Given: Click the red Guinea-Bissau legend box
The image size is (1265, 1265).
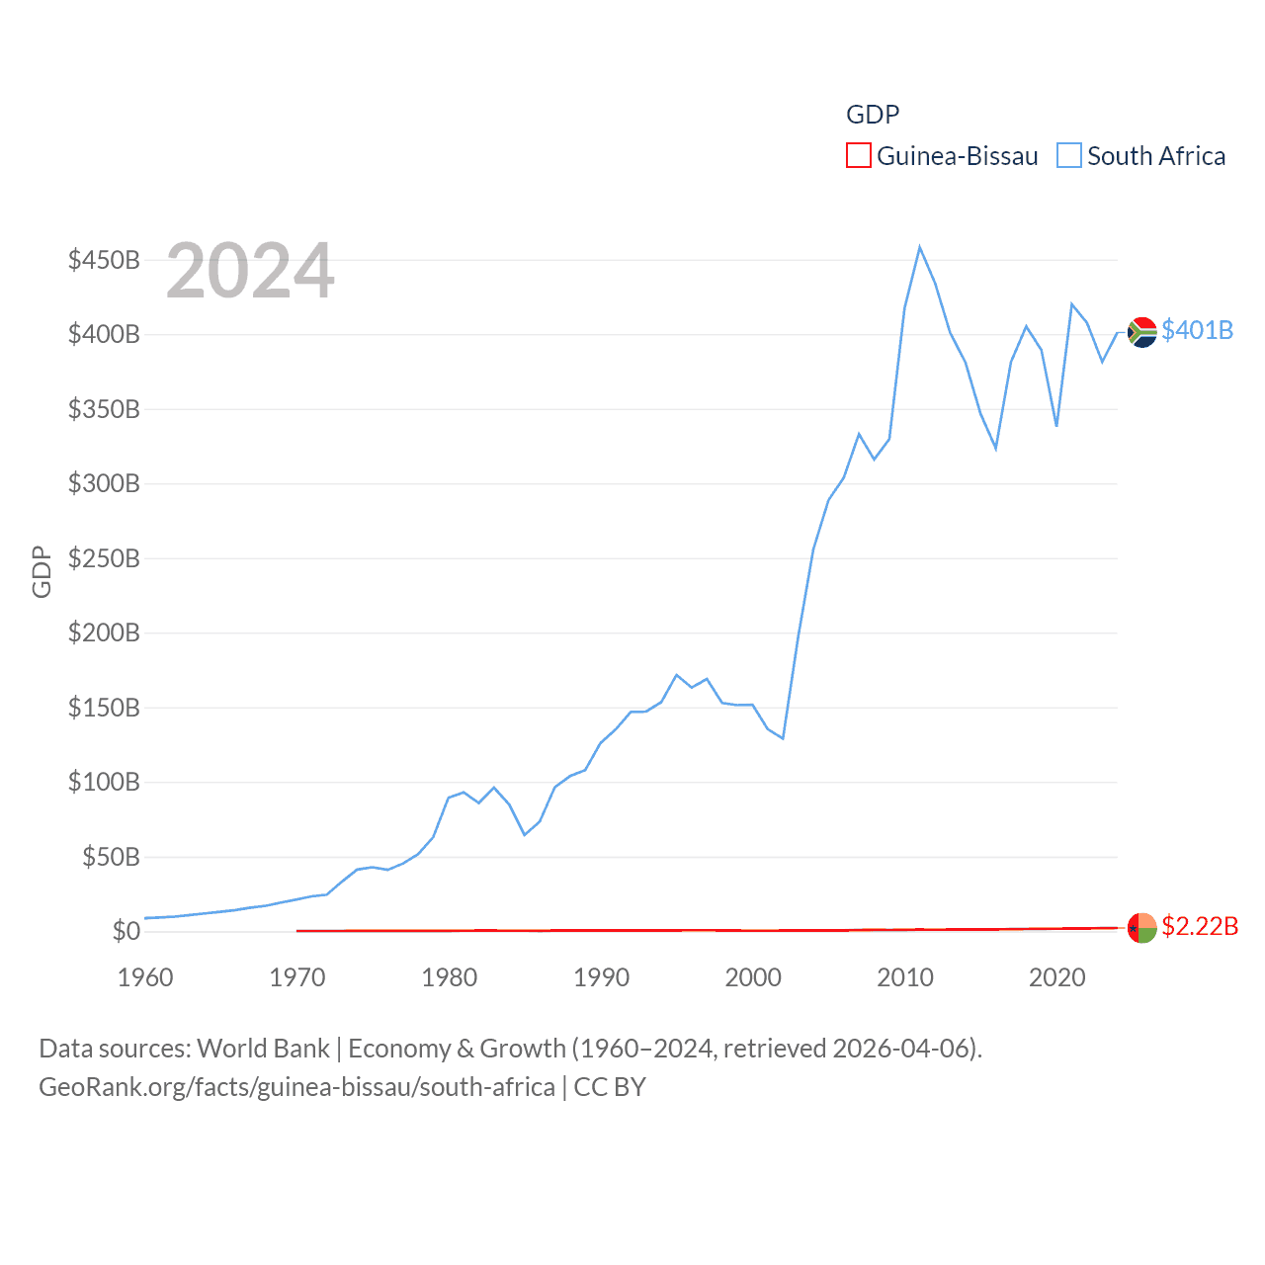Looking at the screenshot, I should coord(858,156).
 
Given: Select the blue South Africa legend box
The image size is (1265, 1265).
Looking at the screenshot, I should coord(1069,156).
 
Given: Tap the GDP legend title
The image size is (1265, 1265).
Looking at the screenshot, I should coord(873,115).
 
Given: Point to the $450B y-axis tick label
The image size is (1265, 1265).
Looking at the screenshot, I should coord(104,260).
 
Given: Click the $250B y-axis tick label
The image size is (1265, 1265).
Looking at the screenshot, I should coord(104,558).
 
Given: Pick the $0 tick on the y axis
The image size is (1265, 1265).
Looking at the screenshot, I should coord(126,931).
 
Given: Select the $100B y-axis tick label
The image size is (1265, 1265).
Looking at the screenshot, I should coord(104,782).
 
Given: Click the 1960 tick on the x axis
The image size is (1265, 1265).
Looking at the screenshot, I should coord(145,977).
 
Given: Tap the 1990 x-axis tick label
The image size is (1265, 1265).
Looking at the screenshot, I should coord(601,977).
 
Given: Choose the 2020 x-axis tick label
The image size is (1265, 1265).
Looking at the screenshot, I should coord(1056,977).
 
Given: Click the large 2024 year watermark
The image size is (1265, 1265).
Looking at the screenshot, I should coord(250,271).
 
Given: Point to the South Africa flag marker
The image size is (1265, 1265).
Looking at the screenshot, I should coord(1141,332).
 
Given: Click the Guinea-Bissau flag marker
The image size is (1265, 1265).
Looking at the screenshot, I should coord(1141,928).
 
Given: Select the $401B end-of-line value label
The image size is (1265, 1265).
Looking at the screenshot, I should coord(1197,330).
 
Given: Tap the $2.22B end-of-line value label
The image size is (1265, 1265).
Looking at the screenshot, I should coord(1199,926).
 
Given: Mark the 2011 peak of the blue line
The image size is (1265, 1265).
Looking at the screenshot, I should coord(919,247).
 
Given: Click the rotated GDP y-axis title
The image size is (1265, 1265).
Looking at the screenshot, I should coord(42,571).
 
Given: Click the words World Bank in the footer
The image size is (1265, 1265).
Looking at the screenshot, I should coord(264,1048).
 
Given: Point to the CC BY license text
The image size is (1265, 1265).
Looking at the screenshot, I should coord(610,1087).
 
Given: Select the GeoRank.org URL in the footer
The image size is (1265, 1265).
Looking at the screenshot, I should coord(296,1087).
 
